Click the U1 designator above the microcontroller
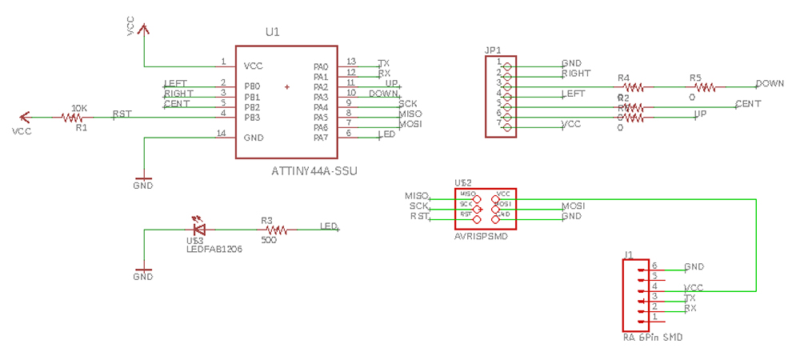click(273, 32)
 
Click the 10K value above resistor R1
click(79, 107)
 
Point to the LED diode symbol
click(198, 230)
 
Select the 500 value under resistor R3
click(269, 239)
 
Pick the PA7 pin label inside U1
click(320, 138)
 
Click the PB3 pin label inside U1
click(252, 118)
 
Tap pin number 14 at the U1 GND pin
click(222, 133)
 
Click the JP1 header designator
click(493, 50)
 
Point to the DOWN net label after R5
click(770, 83)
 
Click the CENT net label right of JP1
click(748, 104)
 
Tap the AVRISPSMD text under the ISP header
click(482, 237)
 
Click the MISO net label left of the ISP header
click(417, 196)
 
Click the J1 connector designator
click(629, 255)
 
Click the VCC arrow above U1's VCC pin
click(143, 30)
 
